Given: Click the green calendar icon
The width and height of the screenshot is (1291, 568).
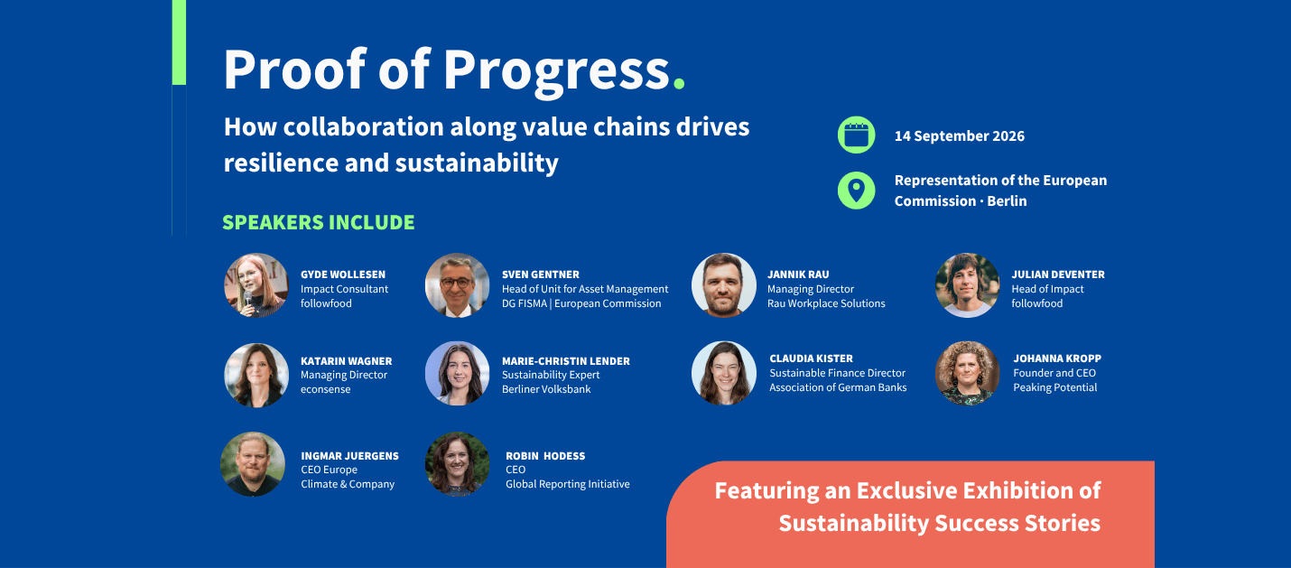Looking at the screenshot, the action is coord(856,135).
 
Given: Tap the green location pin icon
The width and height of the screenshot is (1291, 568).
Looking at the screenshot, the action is coord(856,191).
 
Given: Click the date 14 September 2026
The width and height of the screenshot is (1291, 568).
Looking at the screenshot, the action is coord(959,136).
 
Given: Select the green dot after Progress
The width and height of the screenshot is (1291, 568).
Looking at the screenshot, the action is coord(679,83).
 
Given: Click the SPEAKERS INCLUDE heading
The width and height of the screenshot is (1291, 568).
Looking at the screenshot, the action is coord(318,222).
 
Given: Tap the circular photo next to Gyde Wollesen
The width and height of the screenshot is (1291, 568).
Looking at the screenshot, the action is coord(256,284).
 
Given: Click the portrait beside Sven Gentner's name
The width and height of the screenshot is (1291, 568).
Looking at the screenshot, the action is coord(457,284).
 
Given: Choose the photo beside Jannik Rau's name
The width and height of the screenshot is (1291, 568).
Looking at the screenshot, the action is coord(724,284).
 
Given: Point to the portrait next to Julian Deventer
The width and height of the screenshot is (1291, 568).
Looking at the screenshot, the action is coord(967,284).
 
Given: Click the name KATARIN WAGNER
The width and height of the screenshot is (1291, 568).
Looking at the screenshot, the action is coord(346,361).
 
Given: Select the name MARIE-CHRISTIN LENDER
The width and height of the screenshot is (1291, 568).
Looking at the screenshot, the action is coord(565,361).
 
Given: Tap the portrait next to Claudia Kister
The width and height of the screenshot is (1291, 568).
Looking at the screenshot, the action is coord(724,373).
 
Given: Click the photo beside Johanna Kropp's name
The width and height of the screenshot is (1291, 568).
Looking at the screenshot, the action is coord(967,373).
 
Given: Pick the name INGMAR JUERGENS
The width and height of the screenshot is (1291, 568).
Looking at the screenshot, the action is coord(349,455).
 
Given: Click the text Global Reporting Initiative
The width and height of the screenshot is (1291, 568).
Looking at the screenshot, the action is coord(568,484).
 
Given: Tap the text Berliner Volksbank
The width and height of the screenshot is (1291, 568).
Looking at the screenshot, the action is coord(546,389).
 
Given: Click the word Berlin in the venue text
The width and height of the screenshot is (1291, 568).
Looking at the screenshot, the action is coord(1007,200).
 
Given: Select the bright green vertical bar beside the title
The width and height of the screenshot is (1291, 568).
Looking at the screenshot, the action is coord(179,42).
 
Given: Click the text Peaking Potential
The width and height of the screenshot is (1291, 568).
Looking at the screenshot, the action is coord(1054,387).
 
